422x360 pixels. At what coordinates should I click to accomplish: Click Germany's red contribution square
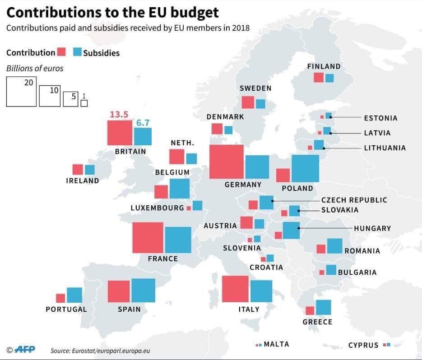[227, 162]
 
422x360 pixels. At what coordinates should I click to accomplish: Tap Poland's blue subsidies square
[305, 168]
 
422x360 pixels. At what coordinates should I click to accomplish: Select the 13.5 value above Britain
[119, 115]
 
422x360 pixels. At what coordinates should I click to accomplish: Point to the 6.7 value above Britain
[143, 122]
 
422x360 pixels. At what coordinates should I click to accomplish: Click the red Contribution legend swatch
[61, 52]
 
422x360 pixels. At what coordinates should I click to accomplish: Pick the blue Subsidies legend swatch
[77, 52]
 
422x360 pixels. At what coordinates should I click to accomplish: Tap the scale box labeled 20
[21, 92]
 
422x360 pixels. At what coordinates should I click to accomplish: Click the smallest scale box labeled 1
[84, 103]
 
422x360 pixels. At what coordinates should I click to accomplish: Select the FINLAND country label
[324, 66]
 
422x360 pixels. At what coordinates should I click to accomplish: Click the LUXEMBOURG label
[158, 208]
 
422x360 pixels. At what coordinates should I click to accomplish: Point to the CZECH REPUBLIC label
[354, 200]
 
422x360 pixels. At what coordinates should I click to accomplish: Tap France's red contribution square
[148, 238]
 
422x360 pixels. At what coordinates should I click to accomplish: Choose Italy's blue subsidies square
[261, 291]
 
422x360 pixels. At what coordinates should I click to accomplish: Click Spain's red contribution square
[119, 291]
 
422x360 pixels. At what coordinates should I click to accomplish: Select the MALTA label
[276, 344]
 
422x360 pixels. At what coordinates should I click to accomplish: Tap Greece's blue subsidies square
[323, 307]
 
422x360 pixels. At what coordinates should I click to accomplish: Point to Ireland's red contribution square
[78, 170]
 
